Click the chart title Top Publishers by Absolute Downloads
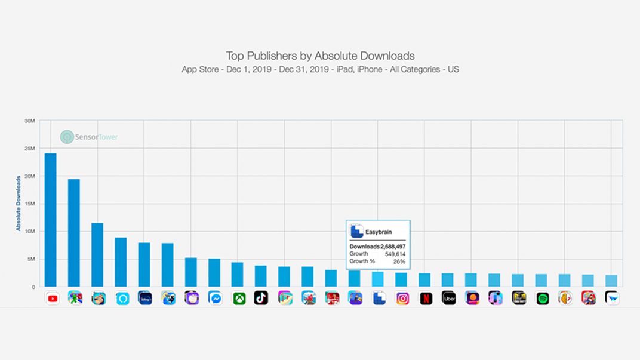tap(320, 56)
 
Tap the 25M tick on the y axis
tap(29, 149)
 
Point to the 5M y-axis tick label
tap(30, 259)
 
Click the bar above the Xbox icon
tap(238, 275)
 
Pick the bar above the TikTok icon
tap(261, 276)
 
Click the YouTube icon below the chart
tap(53, 298)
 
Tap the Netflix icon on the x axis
tap(426, 298)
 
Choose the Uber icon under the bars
tap(449, 298)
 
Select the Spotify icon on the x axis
tap(542, 298)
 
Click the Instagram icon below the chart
tap(402, 298)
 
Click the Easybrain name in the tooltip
tap(379, 232)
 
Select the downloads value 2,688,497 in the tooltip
tap(393, 247)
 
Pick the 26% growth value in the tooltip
tap(399, 261)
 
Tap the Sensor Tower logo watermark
tap(89, 137)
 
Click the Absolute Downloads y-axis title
tap(19, 203)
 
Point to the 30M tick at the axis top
tap(29, 121)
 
